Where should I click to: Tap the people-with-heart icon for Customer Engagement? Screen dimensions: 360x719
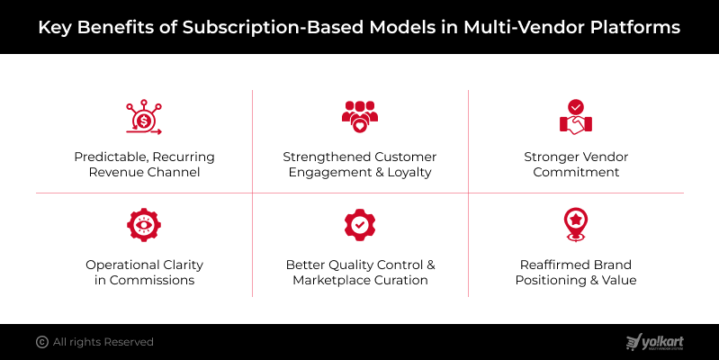[360, 118]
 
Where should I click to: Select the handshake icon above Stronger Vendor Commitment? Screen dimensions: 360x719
[576, 118]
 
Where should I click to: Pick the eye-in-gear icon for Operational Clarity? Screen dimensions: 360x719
[144, 225]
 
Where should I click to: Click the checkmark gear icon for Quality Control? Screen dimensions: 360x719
[360, 225]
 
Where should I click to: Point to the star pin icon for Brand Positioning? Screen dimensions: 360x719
[576, 225]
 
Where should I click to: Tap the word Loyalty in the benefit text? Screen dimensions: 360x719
[409, 172]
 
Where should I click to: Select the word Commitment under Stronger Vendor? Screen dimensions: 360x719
[576, 172]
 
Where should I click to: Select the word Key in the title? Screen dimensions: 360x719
[54, 27]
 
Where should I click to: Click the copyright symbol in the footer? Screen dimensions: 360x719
[41, 342]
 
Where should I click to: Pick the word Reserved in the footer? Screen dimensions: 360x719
[128, 342]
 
